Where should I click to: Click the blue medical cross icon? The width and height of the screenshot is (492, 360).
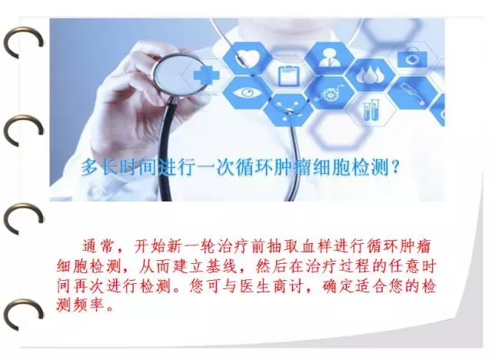click(x=206, y=75)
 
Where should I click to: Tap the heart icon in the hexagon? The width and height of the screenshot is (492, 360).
click(x=248, y=58)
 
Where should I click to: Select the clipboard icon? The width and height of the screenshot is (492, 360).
click(x=289, y=75)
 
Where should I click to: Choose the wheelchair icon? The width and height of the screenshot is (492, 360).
click(x=330, y=93)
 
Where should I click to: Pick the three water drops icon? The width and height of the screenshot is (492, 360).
click(x=371, y=75)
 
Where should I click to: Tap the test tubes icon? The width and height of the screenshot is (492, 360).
click(x=371, y=110)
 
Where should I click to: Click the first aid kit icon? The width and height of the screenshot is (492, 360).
click(x=412, y=58)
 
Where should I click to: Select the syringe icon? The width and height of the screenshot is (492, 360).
click(x=412, y=93)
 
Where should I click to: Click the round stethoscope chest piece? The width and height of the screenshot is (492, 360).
click(x=178, y=75)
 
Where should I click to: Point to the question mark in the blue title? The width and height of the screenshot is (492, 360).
click(x=395, y=167)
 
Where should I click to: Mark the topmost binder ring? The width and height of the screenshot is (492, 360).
click(x=22, y=43)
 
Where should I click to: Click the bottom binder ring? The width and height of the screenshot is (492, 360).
click(x=22, y=314)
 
